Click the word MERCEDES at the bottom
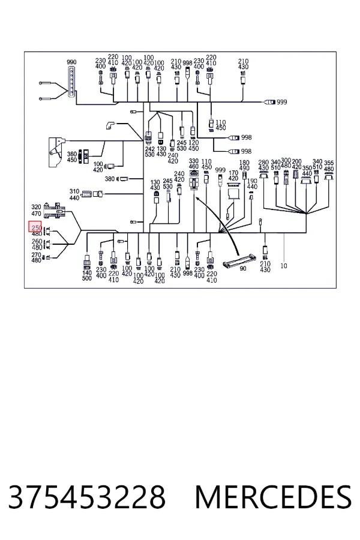pyautogui.click(x=273, y=497)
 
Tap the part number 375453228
pyautogui.click(x=87, y=497)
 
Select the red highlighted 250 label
pyautogui.click(x=36, y=227)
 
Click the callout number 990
pyautogui.click(x=71, y=62)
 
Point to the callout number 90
pyautogui.click(x=243, y=268)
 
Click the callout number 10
pyautogui.click(x=284, y=266)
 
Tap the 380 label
pyautogui.click(x=110, y=179)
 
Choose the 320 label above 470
pyautogui.click(x=36, y=207)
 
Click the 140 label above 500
pyautogui.click(x=87, y=272)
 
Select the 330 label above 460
pyautogui.click(x=194, y=161)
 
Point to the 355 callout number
pyautogui.click(x=329, y=163)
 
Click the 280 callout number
pyautogui.click(x=263, y=162)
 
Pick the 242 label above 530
pyautogui.click(x=150, y=149)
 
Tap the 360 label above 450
pyautogui.click(x=71, y=154)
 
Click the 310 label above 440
pyautogui.click(x=74, y=191)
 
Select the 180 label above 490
pyautogui.click(x=244, y=163)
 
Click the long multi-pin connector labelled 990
pyautogui.click(x=71, y=83)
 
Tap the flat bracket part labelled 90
pyautogui.click(x=239, y=260)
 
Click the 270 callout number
pyautogui.click(x=36, y=255)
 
